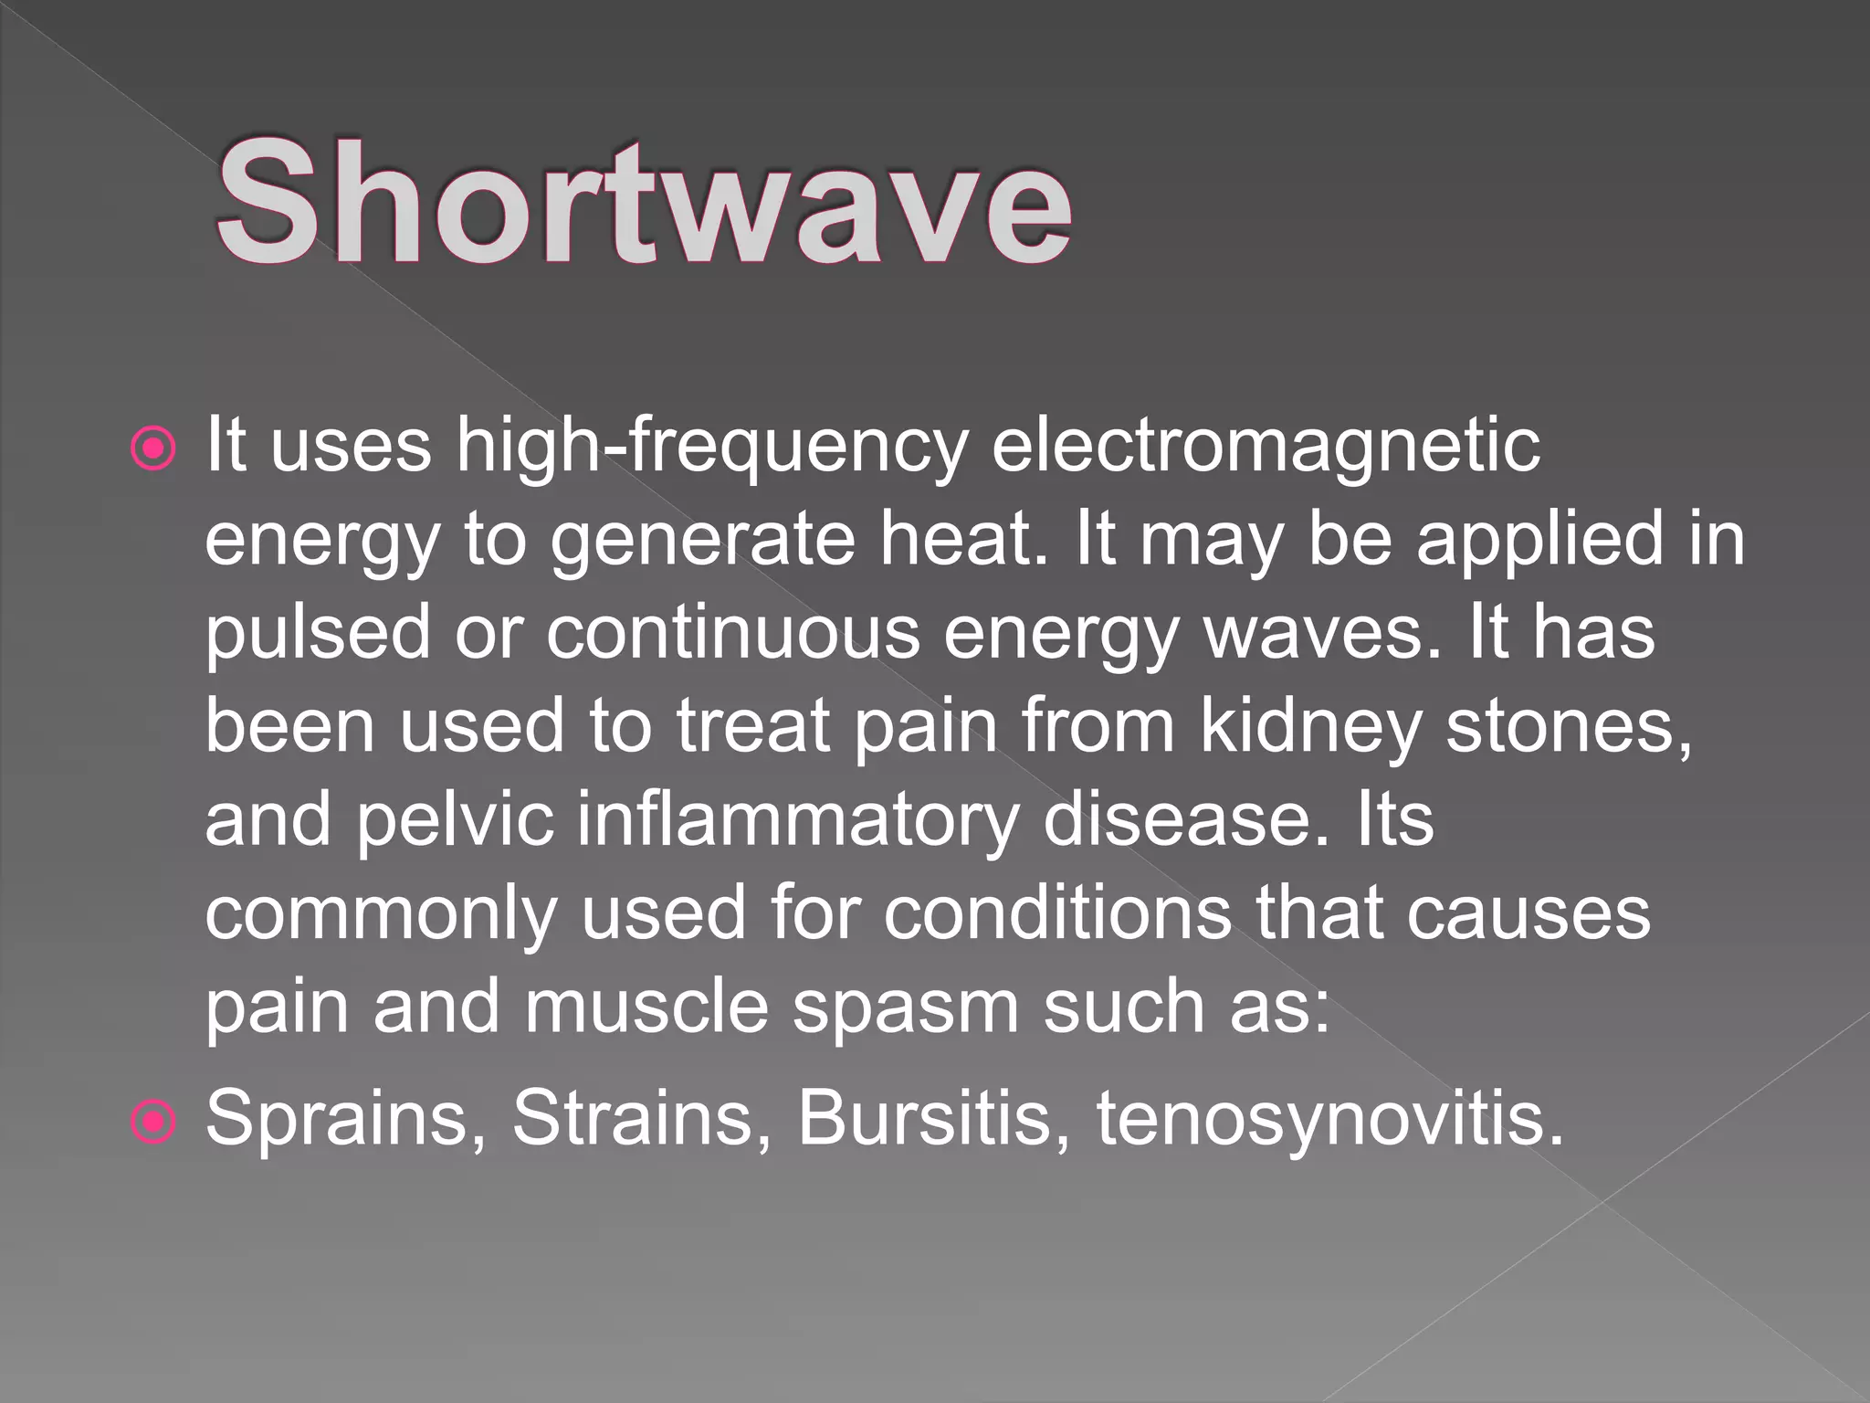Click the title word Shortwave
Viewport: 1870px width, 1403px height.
643,202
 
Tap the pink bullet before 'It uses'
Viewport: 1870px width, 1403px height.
152,449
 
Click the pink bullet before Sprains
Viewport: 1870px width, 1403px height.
152,1120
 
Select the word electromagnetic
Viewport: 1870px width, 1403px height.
1266,446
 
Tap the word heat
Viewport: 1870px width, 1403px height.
964,539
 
